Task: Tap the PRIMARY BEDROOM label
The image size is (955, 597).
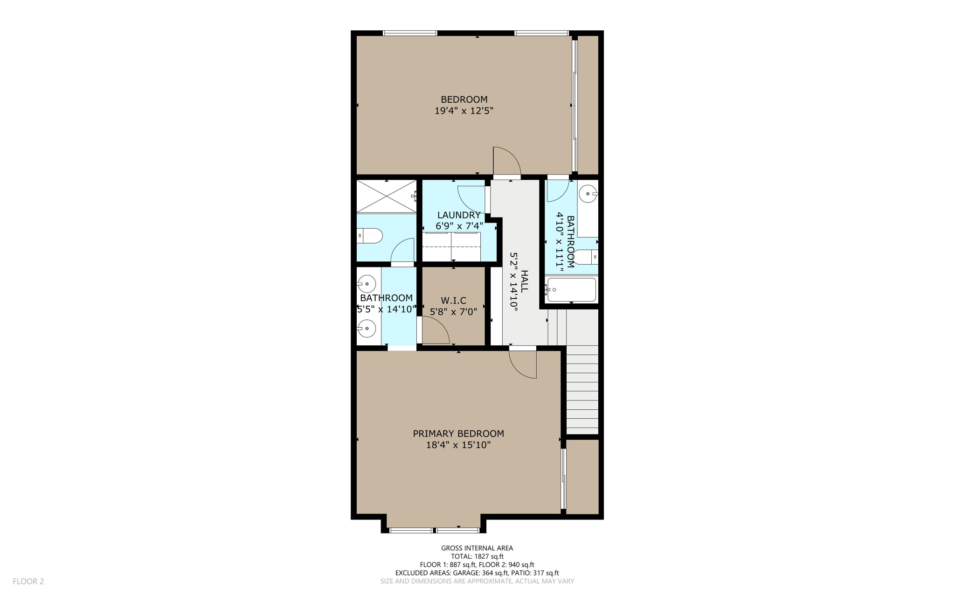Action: (x=458, y=434)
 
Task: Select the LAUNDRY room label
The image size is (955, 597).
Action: (x=459, y=215)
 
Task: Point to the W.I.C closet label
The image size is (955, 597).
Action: (x=453, y=301)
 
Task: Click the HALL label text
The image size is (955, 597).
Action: (x=525, y=281)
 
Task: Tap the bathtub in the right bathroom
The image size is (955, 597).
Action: (x=571, y=290)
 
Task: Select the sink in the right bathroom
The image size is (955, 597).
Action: (x=589, y=194)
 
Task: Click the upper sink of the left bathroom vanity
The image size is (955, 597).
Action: (x=367, y=284)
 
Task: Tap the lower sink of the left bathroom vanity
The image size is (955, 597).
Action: (x=367, y=329)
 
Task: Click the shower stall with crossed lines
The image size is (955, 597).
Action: (x=387, y=197)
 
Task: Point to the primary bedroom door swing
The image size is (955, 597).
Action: (x=523, y=364)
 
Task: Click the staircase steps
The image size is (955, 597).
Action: (x=582, y=390)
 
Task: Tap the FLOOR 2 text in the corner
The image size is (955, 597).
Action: (x=28, y=582)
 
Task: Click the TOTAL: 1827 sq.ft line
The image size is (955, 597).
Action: (x=477, y=556)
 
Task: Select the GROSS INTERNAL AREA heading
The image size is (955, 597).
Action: (x=477, y=548)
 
